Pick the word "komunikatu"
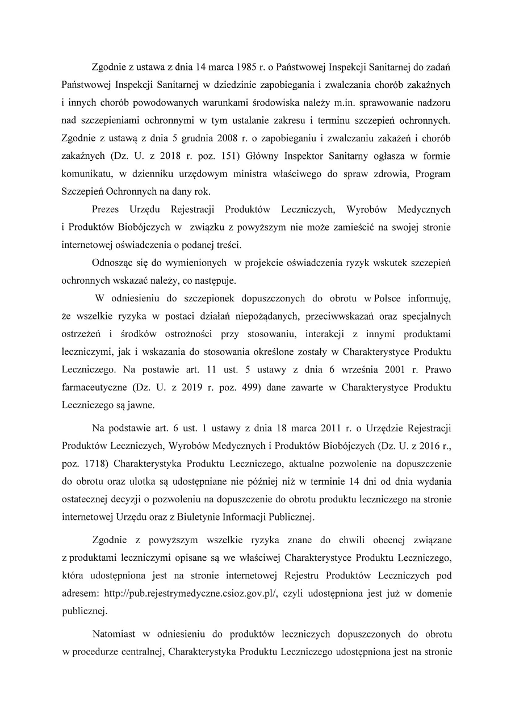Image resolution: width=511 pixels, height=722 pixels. [x=89, y=174]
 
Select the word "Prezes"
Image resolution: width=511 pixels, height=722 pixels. [x=104, y=209]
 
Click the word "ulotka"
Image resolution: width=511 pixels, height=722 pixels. [x=137, y=481]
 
